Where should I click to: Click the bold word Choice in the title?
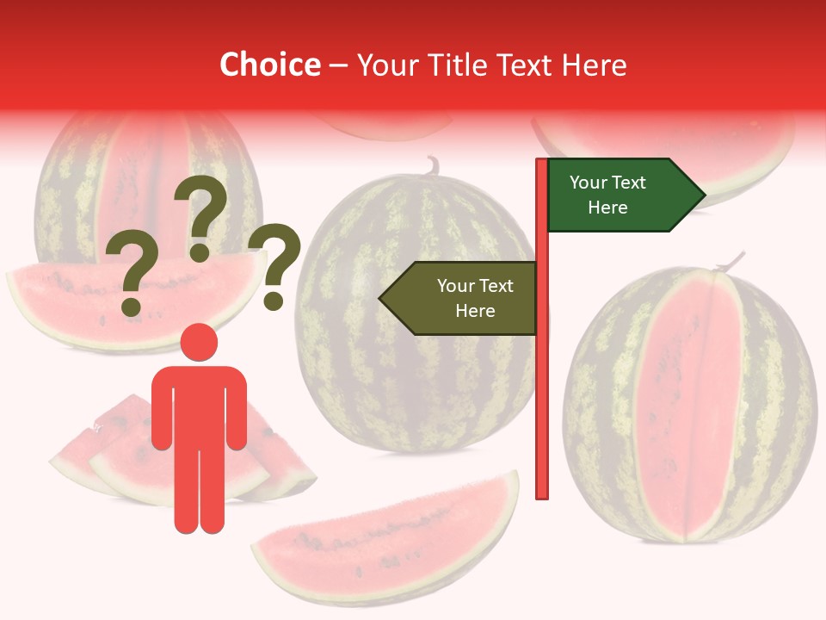[269, 65]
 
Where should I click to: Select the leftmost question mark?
[131, 274]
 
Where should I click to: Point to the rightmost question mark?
[275, 265]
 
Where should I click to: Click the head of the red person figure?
[199, 343]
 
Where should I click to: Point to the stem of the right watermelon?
[731, 260]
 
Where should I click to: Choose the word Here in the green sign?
[607, 208]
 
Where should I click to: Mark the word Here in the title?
[594, 65]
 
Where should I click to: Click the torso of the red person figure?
[199, 405]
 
